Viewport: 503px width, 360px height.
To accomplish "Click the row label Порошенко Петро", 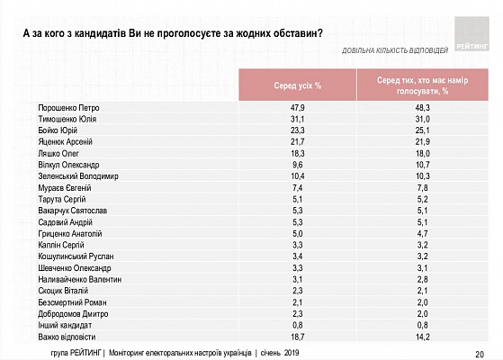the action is [x=68, y=108].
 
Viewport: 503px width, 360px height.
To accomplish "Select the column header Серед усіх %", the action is [x=297, y=85].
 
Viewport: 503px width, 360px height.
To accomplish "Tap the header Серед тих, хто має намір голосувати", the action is [x=423, y=85].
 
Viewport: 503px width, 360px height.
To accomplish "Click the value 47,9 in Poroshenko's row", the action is [x=297, y=108].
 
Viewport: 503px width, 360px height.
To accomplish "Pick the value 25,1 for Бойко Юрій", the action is [x=423, y=130].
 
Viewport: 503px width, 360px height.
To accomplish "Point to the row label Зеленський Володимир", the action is [x=78, y=176].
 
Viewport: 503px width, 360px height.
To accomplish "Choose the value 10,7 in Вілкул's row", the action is [x=423, y=165].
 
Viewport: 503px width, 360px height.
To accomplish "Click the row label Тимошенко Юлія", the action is [x=67, y=120].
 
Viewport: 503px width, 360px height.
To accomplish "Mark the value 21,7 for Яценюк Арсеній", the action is [x=297, y=142].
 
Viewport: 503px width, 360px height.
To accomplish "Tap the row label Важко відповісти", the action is [x=67, y=337].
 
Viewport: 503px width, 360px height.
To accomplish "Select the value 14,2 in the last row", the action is [x=423, y=337].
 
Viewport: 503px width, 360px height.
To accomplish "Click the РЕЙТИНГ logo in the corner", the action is [x=472, y=34].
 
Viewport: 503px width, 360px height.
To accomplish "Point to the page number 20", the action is [x=480, y=355].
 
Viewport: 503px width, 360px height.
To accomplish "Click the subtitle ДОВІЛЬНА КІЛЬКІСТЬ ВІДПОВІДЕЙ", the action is [x=395, y=50].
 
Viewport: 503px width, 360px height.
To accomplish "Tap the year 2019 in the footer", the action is [x=291, y=353].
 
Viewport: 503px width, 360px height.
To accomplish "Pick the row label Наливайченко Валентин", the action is [x=80, y=280].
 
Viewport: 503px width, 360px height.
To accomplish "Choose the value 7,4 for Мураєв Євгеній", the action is [x=297, y=188].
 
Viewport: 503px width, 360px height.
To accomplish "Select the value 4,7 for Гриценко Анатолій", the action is [x=423, y=234].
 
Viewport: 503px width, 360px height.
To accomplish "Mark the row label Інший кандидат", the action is [x=65, y=325].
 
